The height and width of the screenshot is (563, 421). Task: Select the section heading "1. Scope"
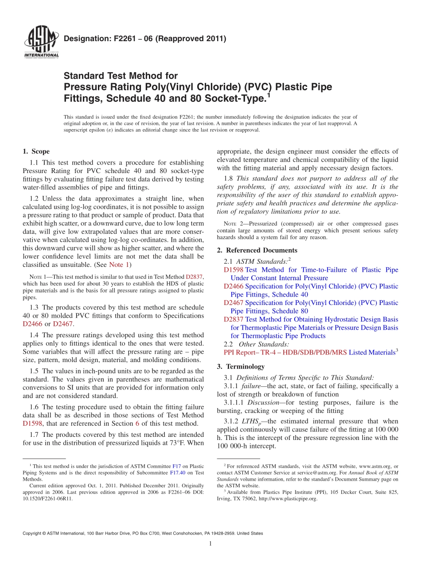[36, 151]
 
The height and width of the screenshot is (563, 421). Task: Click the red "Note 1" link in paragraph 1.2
[119, 265]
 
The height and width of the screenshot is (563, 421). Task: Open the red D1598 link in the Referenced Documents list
[234, 270]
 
